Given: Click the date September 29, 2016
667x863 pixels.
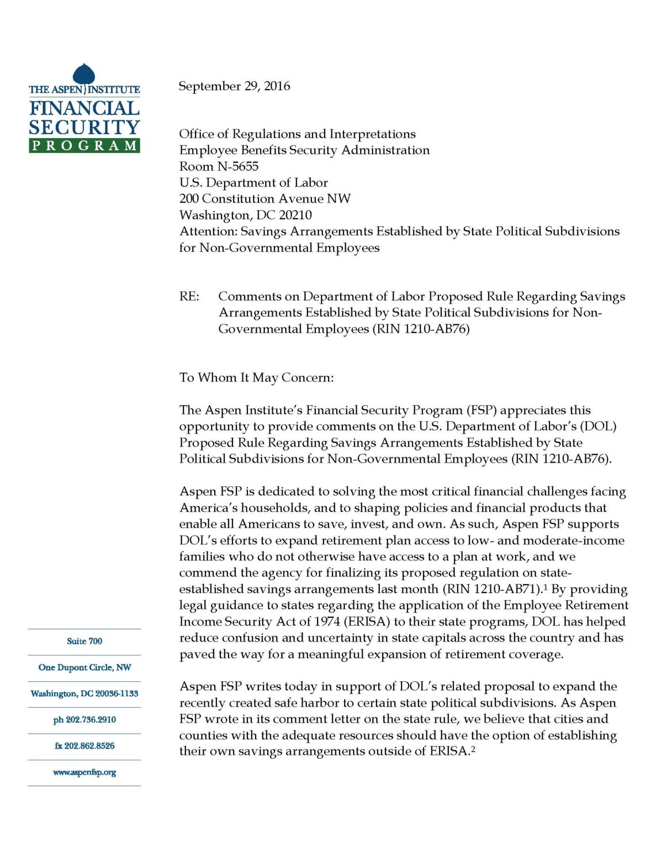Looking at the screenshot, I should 234,86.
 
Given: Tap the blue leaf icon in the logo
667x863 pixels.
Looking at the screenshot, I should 84,75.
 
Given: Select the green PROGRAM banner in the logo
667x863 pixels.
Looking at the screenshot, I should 85,146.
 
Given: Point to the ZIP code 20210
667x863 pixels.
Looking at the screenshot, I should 295,215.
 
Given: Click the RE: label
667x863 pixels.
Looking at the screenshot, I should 189,296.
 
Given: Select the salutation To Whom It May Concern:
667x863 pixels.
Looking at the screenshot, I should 256,377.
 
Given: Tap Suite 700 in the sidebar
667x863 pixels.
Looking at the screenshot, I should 84,641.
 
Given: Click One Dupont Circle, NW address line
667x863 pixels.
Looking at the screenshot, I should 84,667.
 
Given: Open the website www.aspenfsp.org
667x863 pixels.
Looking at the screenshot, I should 84,772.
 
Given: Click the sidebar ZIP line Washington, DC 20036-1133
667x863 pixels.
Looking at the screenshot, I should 84,693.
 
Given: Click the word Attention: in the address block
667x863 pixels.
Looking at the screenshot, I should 208,231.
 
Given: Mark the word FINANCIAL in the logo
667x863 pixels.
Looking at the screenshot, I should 84,108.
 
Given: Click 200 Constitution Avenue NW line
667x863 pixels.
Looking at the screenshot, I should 265,199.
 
